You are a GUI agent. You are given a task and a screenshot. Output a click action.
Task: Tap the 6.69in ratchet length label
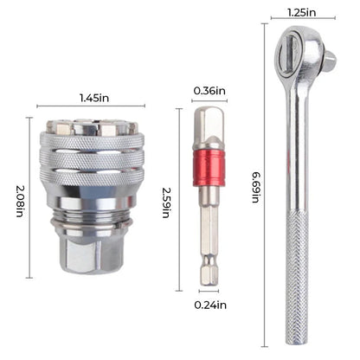click(x=256, y=186)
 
